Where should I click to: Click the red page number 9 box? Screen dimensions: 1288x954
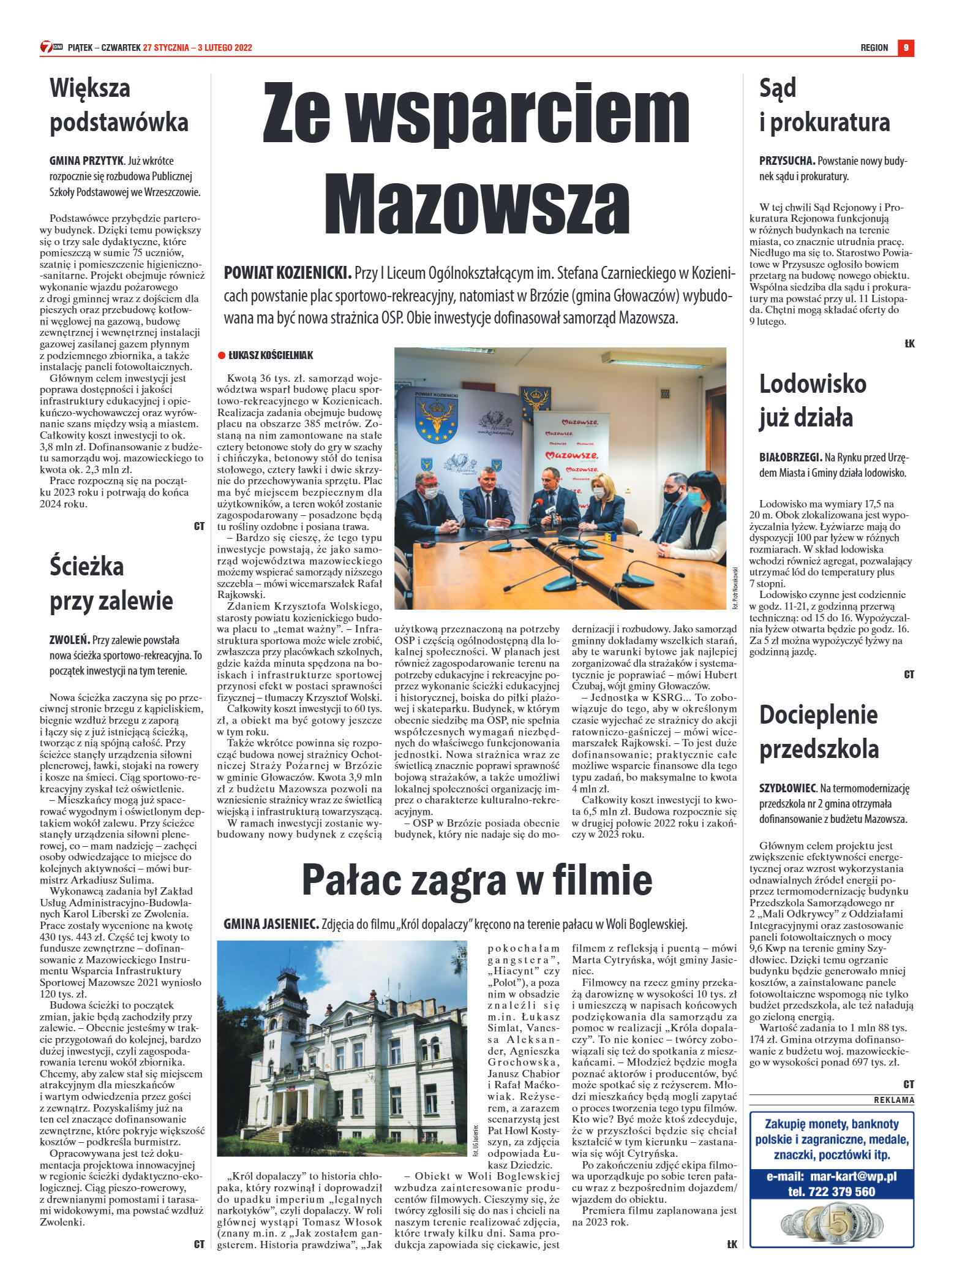(906, 48)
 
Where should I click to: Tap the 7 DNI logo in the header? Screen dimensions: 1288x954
(51, 47)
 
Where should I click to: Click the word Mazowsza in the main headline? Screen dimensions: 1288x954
(476, 203)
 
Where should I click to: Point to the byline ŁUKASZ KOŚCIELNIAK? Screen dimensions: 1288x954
(271, 355)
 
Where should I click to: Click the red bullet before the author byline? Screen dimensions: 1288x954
(222, 355)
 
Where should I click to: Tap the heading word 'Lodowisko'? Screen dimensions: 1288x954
(813, 384)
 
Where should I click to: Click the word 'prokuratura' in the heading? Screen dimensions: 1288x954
(830, 123)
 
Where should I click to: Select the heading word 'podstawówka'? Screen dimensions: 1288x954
(119, 122)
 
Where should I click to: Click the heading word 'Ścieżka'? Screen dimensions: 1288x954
(87, 566)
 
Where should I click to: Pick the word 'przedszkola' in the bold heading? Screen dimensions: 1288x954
(819, 749)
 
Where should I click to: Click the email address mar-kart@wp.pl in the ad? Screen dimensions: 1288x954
(853, 1176)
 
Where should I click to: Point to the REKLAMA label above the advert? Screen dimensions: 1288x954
(893, 1100)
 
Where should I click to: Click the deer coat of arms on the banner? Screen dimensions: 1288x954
(437, 421)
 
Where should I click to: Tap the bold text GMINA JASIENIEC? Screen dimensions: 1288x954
(270, 924)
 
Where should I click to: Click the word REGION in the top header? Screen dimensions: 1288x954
(874, 48)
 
